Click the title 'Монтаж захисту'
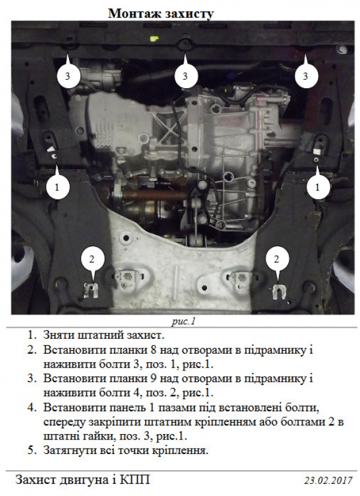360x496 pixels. (x=161, y=13)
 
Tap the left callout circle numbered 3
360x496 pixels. (x=67, y=76)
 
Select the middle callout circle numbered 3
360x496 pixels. (x=185, y=76)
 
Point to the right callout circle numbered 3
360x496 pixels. (x=305, y=76)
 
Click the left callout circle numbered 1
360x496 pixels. (x=57, y=187)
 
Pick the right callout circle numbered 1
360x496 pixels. (x=317, y=187)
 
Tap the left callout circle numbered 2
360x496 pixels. (x=92, y=259)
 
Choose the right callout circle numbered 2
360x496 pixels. (x=277, y=259)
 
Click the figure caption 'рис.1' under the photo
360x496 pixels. (x=184, y=322)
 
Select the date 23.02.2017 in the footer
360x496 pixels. (x=328, y=480)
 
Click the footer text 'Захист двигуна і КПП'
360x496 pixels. (x=82, y=480)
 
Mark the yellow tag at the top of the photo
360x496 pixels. (x=154, y=38)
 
